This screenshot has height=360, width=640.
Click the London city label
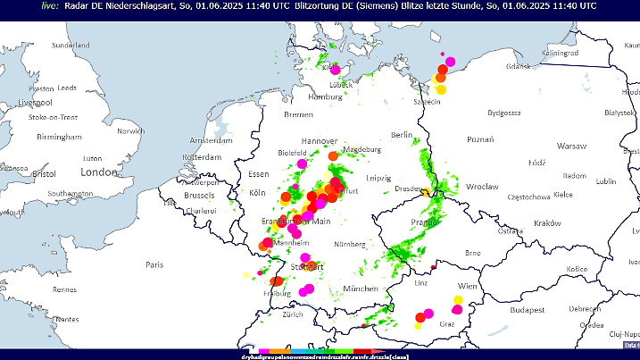tap(99, 172)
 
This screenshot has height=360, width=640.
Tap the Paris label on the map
tap(154, 264)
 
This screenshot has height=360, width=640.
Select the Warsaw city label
tap(571, 145)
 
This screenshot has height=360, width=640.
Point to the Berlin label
tap(402, 134)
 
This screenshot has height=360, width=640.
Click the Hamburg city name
tap(325, 96)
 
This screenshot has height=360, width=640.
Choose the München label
tap(361, 289)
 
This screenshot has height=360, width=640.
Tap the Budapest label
tap(527, 312)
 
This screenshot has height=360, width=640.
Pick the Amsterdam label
tap(211, 140)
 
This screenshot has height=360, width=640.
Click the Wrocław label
tap(482, 187)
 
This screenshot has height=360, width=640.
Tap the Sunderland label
tap(71, 45)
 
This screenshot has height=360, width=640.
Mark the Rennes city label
tap(64, 289)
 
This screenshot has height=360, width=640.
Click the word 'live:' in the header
tap(50, 5)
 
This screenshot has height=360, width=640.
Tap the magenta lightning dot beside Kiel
tap(337, 69)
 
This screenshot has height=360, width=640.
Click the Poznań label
tap(480, 139)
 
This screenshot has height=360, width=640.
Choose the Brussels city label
tap(199, 195)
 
